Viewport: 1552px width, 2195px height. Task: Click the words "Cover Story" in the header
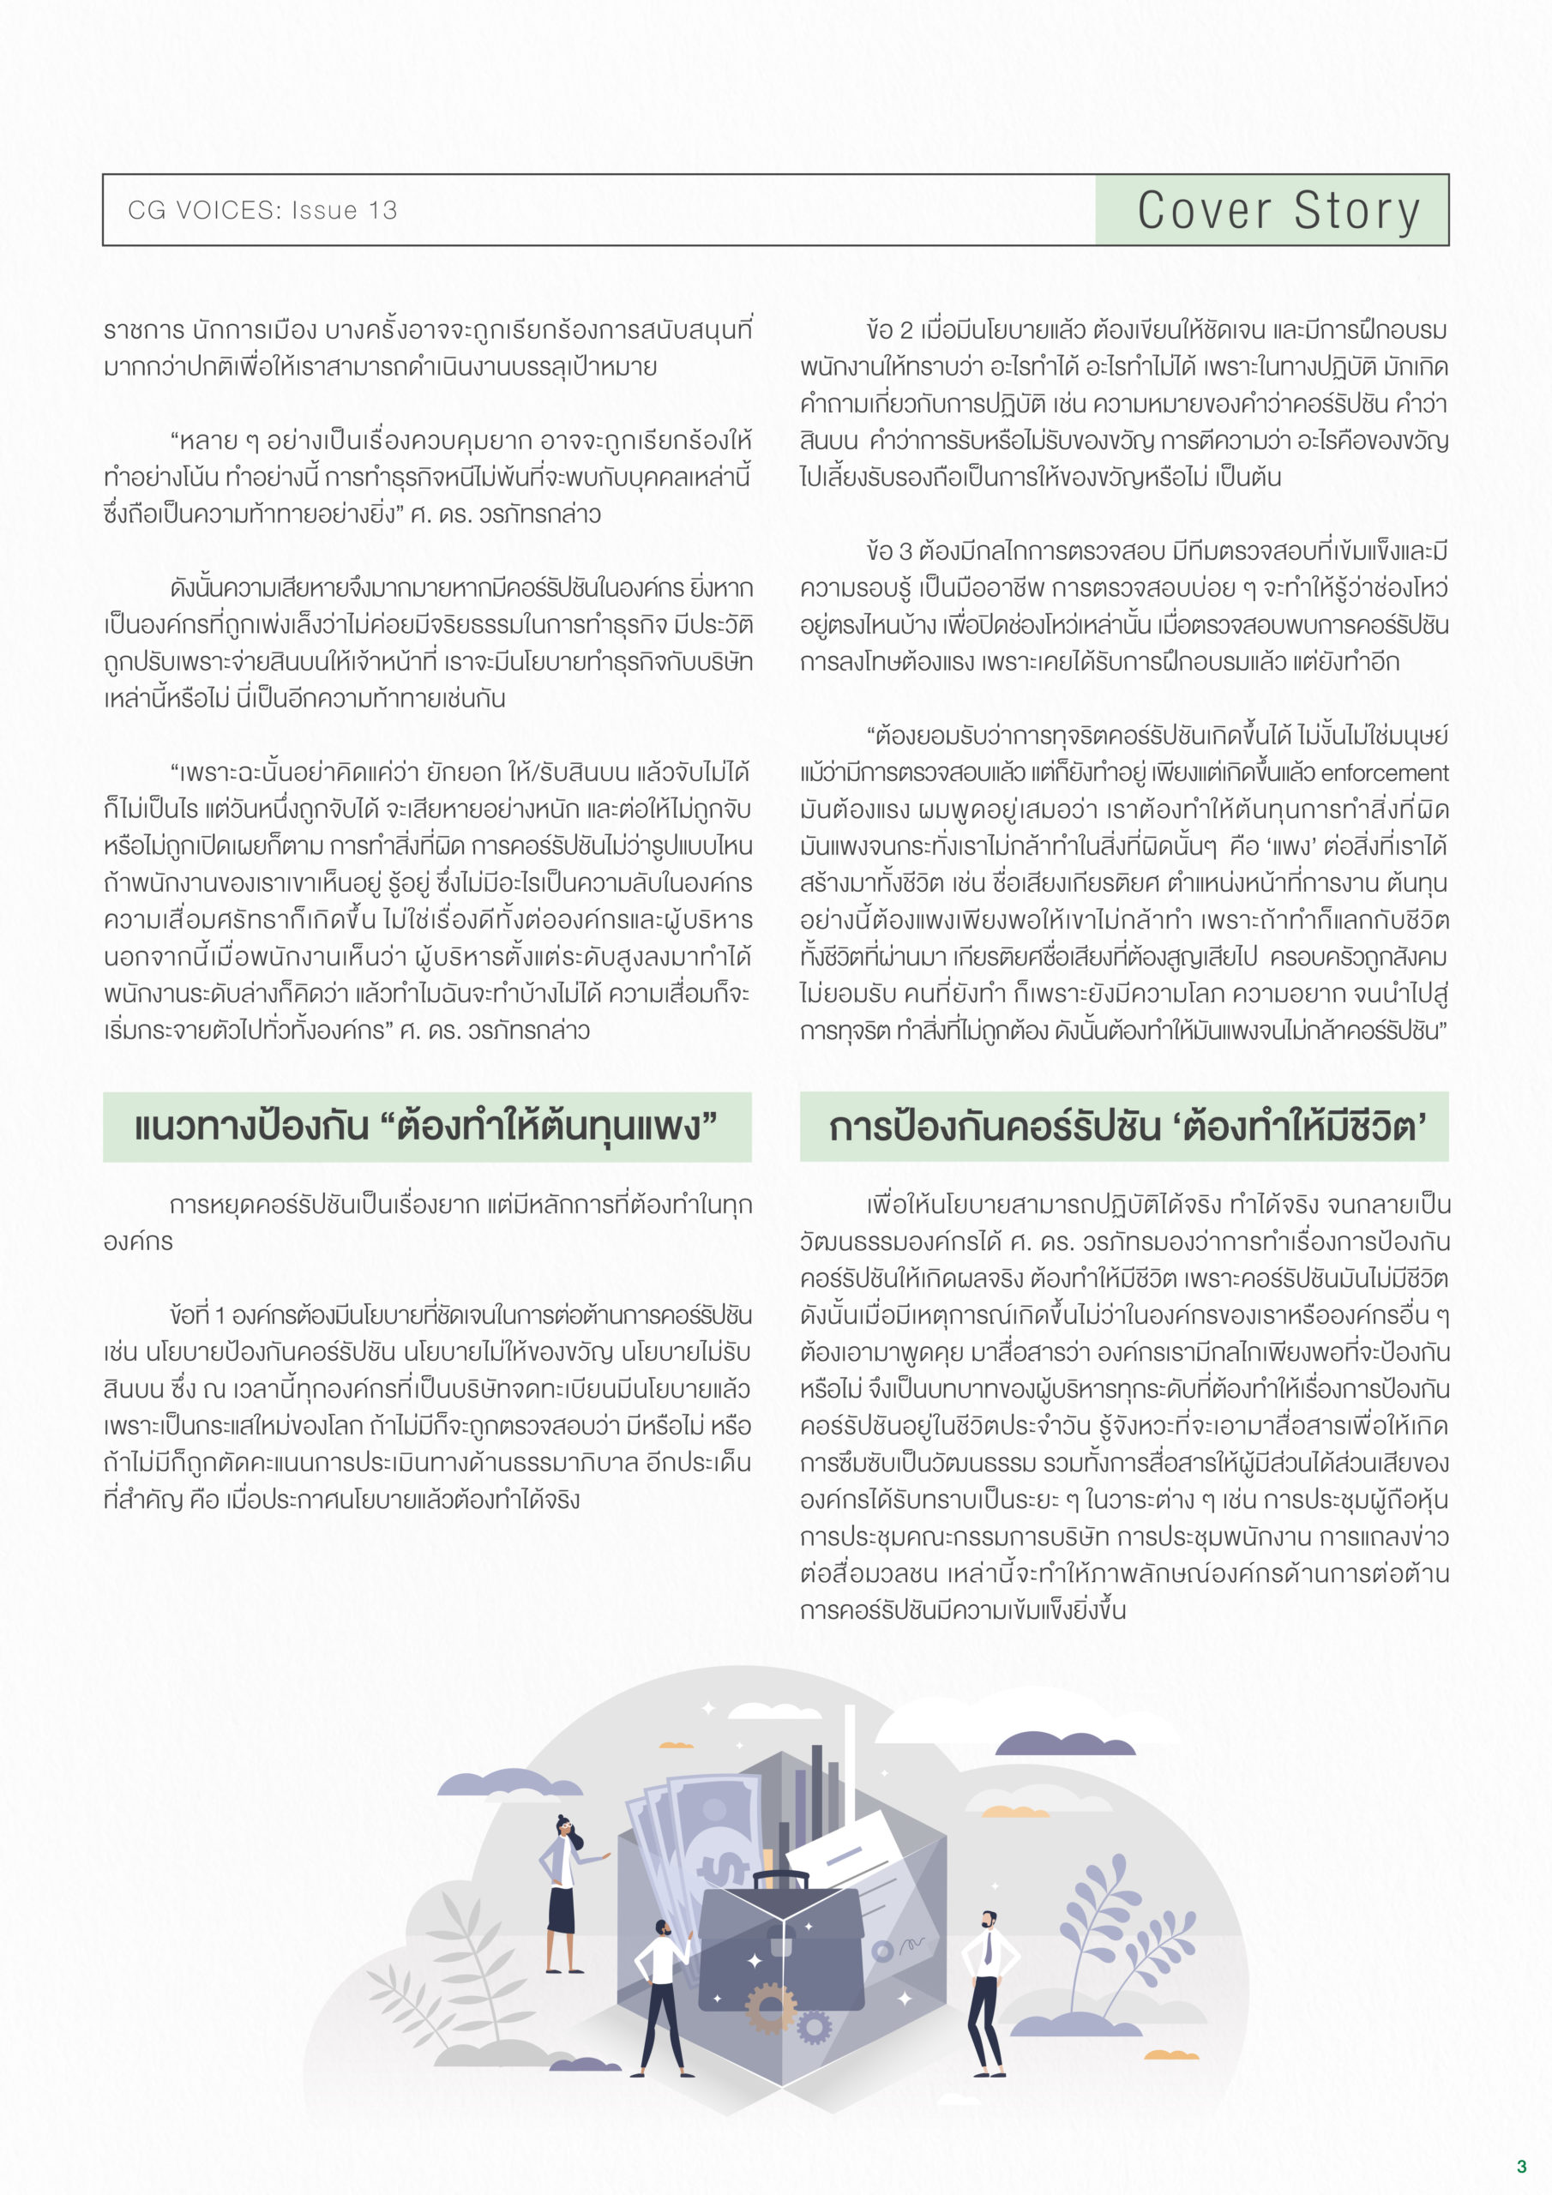(1278, 210)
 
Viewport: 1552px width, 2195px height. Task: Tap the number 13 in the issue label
(382, 210)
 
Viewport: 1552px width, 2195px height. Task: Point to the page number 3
(1520, 2167)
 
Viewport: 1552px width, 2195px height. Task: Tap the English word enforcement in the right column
(1385, 773)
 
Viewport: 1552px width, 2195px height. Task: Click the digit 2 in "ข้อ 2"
(905, 331)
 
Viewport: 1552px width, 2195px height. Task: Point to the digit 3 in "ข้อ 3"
(905, 551)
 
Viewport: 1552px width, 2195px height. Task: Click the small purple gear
(814, 2026)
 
